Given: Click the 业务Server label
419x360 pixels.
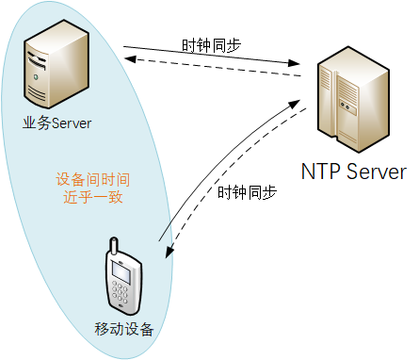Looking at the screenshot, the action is click(x=56, y=123).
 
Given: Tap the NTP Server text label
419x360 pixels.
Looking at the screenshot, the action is click(x=354, y=172).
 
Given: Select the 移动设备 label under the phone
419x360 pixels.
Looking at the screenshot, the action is click(x=123, y=330).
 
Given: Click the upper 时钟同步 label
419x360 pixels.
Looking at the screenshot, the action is click(x=211, y=45).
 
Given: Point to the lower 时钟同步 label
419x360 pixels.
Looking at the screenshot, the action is click(x=248, y=192).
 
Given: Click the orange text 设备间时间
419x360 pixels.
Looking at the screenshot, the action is click(x=93, y=180).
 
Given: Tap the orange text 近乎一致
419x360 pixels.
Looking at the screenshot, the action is click(x=93, y=197).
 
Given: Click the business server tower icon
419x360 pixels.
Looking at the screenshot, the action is click(x=56, y=64).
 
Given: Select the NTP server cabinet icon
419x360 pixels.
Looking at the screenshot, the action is click(x=353, y=99).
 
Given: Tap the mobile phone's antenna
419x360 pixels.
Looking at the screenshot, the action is click(x=113, y=246).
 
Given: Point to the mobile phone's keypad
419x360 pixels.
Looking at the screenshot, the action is click(x=120, y=292).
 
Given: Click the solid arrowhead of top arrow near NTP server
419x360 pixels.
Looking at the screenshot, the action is click(x=294, y=63).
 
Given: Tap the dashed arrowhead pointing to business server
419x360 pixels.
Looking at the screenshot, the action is click(x=130, y=58).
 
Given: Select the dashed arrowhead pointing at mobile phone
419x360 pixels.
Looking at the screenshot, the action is click(x=169, y=252).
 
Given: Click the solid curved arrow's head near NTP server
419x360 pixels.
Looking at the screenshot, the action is click(x=295, y=104).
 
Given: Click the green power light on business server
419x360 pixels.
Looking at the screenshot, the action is click(x=37, y=76).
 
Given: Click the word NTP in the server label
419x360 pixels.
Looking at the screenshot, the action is click(x=320, y=172).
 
